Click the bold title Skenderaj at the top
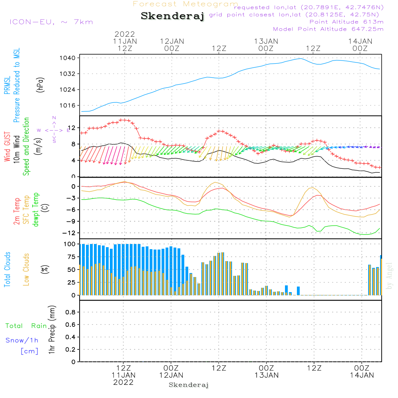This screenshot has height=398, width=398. [172, 16]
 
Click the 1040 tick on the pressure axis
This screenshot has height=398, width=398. [68, 58]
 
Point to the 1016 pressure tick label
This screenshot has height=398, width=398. [68, 105]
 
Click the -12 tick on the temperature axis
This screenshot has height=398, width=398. [69, 233]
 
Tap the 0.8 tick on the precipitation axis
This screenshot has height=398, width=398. [70, 312]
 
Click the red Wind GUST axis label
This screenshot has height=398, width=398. [7, 146]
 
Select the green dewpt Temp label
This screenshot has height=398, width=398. [35, 209]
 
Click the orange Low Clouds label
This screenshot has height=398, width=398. [26, 269]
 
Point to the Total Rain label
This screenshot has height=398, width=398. [26, 326]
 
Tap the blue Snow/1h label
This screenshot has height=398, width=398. [22, 340]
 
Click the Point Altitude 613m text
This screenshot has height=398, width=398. [347, 22]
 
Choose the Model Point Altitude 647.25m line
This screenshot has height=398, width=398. [328, 29]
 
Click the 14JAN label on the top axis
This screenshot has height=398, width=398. [360, 41]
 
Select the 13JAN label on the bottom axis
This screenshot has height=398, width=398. [267, 375]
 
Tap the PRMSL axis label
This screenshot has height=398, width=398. [7, 85]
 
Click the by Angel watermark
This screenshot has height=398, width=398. [389, 276]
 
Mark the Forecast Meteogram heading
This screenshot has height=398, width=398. [185, 4]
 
